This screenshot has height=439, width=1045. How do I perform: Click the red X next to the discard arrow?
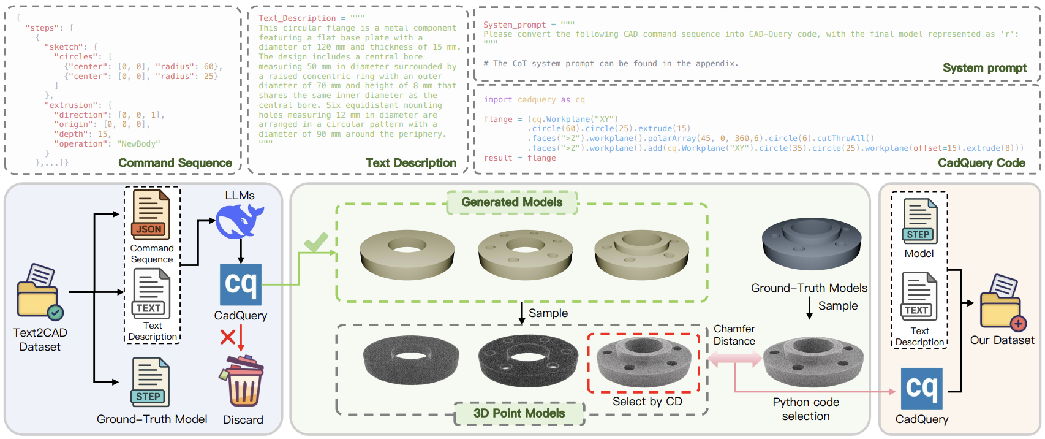(x=228, y=337)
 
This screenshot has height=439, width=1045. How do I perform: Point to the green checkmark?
(x=316, y=242)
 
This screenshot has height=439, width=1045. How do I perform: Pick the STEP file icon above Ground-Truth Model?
(x=149, y=382)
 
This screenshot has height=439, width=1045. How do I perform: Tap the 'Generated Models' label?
(x=511, y=202)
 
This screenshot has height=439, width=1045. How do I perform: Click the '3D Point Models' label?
(x=519, y=413)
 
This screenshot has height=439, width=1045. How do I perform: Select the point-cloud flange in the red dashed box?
(x=643, y=362)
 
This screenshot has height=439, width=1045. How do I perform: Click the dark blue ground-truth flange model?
(x=811, y=242)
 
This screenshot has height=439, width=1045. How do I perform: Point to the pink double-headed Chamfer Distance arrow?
(x=734, y=359)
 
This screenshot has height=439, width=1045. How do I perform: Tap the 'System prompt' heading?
(x=984, y=68)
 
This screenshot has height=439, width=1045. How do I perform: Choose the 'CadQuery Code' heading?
(x=981, y=163)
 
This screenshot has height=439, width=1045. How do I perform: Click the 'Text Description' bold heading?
(x=410, y=163)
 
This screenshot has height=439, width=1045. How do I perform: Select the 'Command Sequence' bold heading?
(x=175, y=163)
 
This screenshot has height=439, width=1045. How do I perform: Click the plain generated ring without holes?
(x=407, y=253)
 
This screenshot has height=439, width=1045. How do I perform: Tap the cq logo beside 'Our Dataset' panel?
(x=921, y=389)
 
